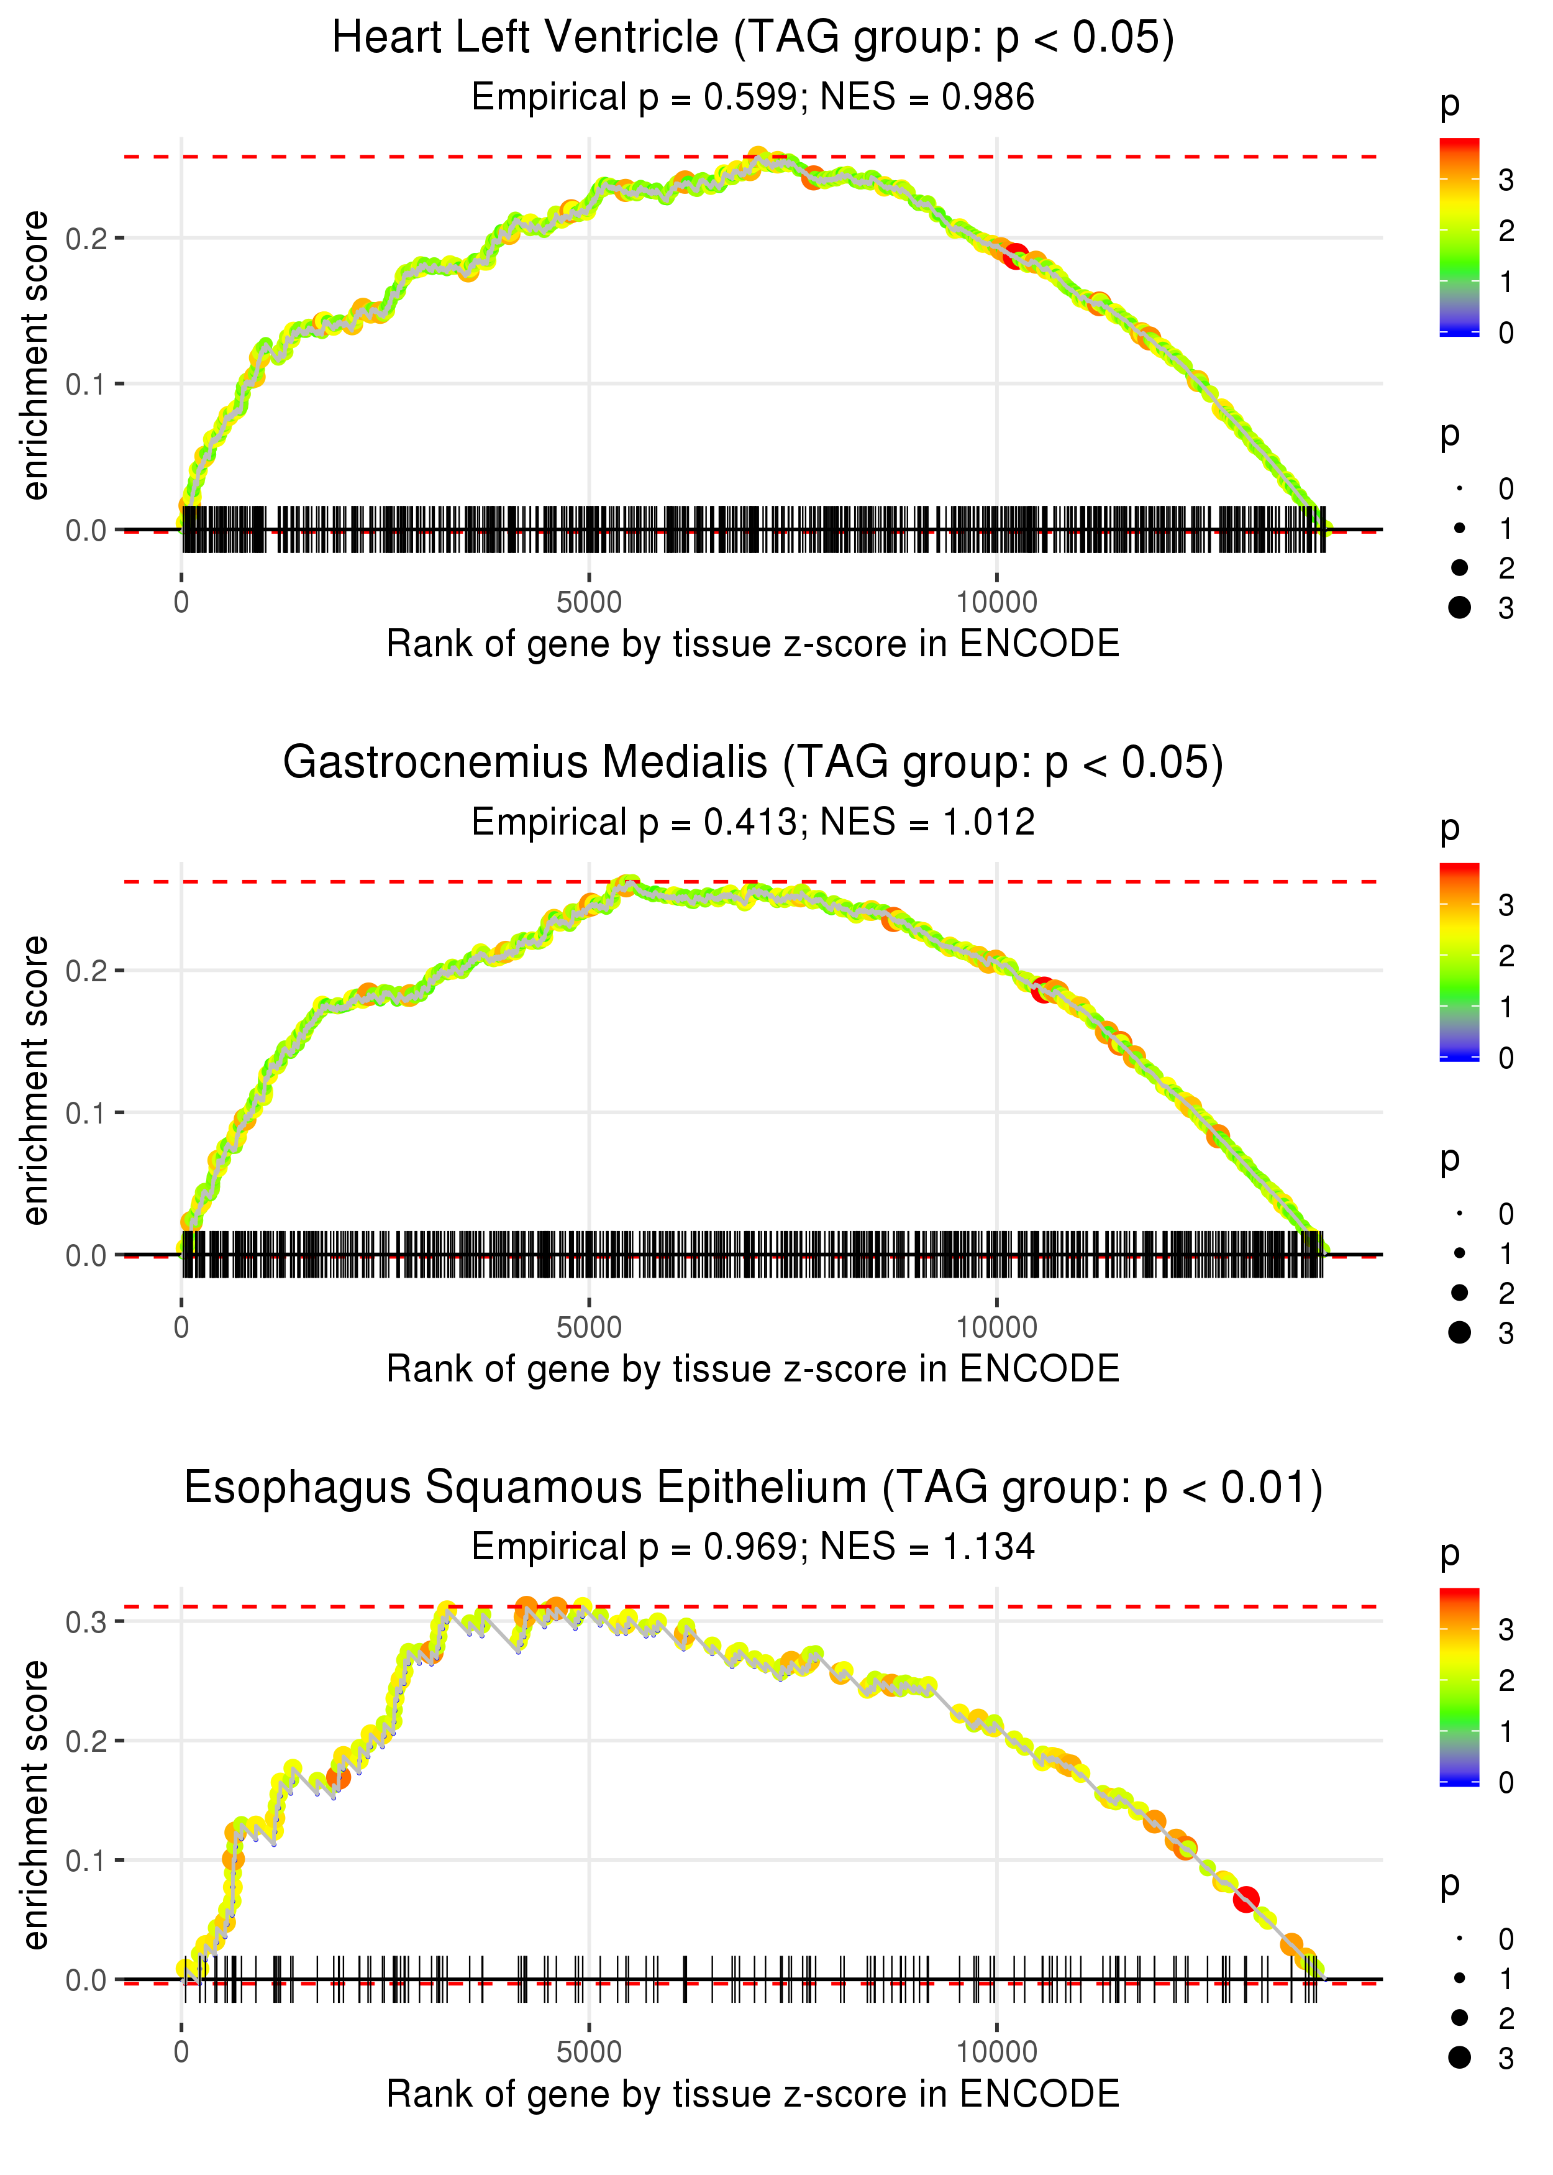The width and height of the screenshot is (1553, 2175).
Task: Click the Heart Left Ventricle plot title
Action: (753, 39)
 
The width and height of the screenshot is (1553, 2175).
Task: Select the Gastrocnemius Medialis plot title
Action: (753, 763)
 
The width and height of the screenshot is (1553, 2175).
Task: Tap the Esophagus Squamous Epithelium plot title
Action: (753, 1488)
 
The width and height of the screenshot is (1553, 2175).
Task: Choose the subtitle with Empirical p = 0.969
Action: (753, 1547)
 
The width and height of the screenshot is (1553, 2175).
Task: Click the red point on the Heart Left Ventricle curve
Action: (1016, 255)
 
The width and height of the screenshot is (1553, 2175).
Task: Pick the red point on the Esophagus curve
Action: (1245, 1900)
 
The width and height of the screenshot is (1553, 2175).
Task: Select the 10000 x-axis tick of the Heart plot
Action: (996, 603)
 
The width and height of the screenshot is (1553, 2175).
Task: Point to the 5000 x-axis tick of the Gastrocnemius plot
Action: (589, 1327)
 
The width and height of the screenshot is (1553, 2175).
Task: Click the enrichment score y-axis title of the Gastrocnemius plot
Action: (35, 1081)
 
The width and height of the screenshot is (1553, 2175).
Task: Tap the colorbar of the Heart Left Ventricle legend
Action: (1459, 236)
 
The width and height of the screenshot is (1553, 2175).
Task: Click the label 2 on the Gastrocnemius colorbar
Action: (1506, 956)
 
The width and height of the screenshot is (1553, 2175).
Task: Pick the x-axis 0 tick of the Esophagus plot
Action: (181, 2053)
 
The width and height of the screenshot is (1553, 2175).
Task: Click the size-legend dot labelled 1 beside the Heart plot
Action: (1459, 528)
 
